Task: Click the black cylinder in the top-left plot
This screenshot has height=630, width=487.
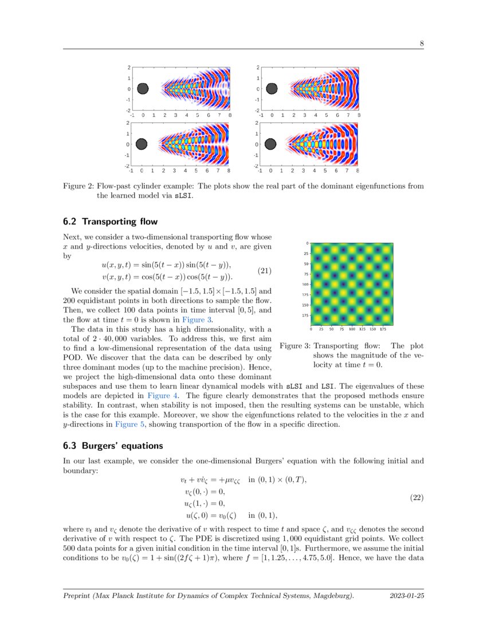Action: pos(143,89)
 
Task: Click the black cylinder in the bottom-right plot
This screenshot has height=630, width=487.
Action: pos(270,144)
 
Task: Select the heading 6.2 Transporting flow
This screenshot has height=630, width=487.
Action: pos(110,222)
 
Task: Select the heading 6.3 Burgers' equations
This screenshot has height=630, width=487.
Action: pos(113,446)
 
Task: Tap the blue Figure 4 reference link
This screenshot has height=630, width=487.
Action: pos(163,395)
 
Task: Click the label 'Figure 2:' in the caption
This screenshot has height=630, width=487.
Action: pos(78,186)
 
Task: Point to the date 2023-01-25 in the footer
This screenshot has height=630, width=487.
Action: pos(407,596)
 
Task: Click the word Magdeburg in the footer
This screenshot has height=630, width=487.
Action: pos(329,596)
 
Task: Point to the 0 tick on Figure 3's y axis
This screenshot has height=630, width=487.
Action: pos(307,243)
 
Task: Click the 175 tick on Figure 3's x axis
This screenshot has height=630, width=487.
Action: pos(383,329)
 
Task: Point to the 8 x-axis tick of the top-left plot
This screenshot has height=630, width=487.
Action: pos(230,115)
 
